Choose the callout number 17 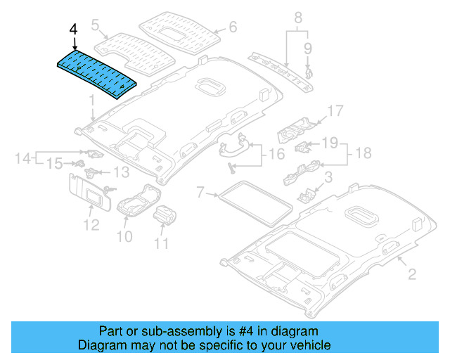(x=335, y=110)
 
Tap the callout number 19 (x=330, y=144)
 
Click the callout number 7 (x=200, y=191)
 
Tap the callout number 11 (x=162, y=244)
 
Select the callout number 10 (x=124, y=237)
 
